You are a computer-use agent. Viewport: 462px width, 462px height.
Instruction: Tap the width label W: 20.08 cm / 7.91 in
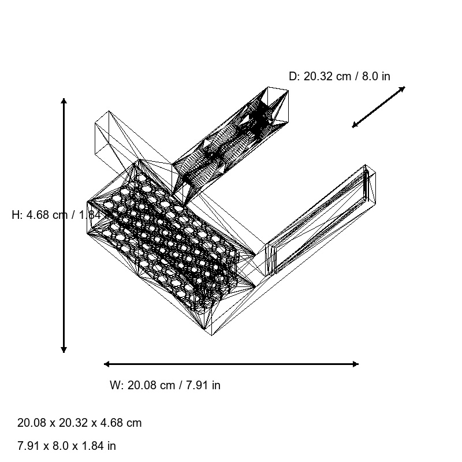pos(165,385)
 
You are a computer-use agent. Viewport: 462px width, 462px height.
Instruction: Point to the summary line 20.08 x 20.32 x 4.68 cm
pos(79,423)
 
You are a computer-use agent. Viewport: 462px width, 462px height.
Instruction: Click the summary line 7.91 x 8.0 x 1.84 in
pos(66,446)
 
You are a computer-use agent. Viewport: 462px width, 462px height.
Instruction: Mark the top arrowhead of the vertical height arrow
pos(64,101)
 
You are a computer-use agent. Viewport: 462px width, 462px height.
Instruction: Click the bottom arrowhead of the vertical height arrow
pos(64,349)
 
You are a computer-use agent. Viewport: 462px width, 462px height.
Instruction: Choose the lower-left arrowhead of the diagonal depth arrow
pos(355,125)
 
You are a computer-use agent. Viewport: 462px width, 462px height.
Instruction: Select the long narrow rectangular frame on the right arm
pos(321,219)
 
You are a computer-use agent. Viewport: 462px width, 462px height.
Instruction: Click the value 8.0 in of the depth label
pos(376,76)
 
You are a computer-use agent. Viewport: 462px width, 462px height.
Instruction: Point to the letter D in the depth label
pos(293,76)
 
